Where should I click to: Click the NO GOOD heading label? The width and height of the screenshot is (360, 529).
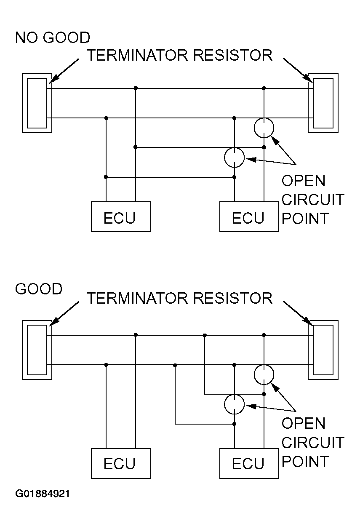pyautogui.click(x=52, y=37)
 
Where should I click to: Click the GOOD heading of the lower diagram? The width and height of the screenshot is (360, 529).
pyautogui.click(x=39, y=289)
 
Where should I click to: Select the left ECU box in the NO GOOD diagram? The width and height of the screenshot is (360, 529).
pyautogui.click(x=121, y=216)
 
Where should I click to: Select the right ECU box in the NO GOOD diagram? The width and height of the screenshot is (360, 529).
pyautogui.click(x=249, y=216)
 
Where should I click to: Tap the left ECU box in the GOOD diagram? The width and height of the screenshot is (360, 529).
pyautogui.click(x=121, y=463)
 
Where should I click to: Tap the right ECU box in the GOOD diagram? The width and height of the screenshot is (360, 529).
pyautogui.click(x=249, y=463)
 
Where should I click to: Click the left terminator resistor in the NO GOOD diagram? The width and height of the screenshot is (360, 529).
pyautogui.click(x=37, y=103)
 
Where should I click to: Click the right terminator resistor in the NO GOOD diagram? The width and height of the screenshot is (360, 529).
pyautogui.click(x=323, y=103)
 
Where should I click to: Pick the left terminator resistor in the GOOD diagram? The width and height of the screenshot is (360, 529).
pyautogui.click(x=37, y=350)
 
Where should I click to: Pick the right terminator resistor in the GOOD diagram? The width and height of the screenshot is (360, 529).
pyautogui.click(x=323, y=350)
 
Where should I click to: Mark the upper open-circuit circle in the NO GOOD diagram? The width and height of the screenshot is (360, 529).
pyautogui.click(x=264, y=128)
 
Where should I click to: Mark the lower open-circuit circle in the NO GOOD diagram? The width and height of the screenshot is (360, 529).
pyautogui.click(x=235, y=158)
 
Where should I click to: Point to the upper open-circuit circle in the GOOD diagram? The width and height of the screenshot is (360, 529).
pyautogui.click(x=264, y=374)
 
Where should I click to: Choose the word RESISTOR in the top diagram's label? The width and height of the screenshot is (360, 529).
pyautogui.click(x=232, y=55)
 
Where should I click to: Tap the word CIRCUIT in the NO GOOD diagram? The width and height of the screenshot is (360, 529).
pyautogui.click(x=313, y=199)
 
